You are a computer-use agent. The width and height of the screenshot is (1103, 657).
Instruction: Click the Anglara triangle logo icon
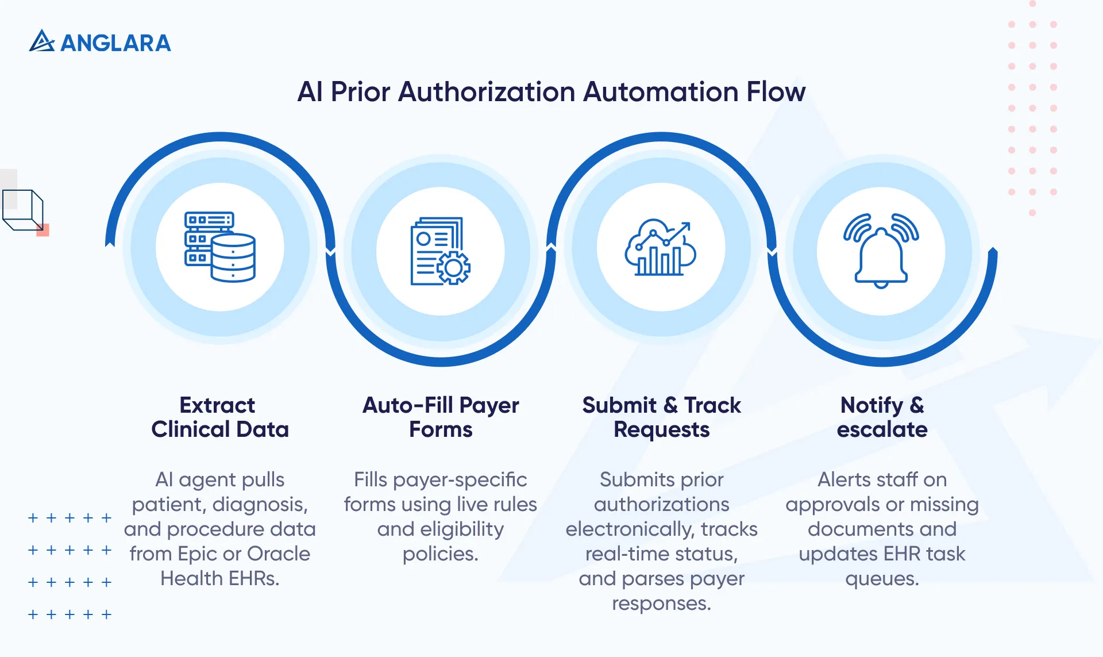(x=41, y=41)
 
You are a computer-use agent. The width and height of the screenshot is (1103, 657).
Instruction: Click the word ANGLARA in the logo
(x=115, y=43)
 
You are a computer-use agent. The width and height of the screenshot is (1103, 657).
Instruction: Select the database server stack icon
(x=220, y=247)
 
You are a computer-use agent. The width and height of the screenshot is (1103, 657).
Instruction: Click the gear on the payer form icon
(x=454, y=268)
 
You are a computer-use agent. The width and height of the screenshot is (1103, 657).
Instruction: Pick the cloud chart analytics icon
(x=661, y=248)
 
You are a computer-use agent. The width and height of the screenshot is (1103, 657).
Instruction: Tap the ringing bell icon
(x=881, y=250)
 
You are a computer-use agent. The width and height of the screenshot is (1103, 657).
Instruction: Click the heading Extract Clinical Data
(x=219, y=417)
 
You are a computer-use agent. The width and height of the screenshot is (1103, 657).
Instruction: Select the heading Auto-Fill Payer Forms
(x=441, y=417)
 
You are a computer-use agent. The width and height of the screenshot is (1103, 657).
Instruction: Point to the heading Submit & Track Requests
(x=661, y=417)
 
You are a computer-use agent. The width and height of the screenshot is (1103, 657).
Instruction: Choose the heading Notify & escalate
(x=882, y=417)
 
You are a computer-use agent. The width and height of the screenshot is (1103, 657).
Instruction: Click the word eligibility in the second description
(x=461, y=529)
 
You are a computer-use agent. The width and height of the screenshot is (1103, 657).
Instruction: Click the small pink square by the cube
(x=43, y=230)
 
